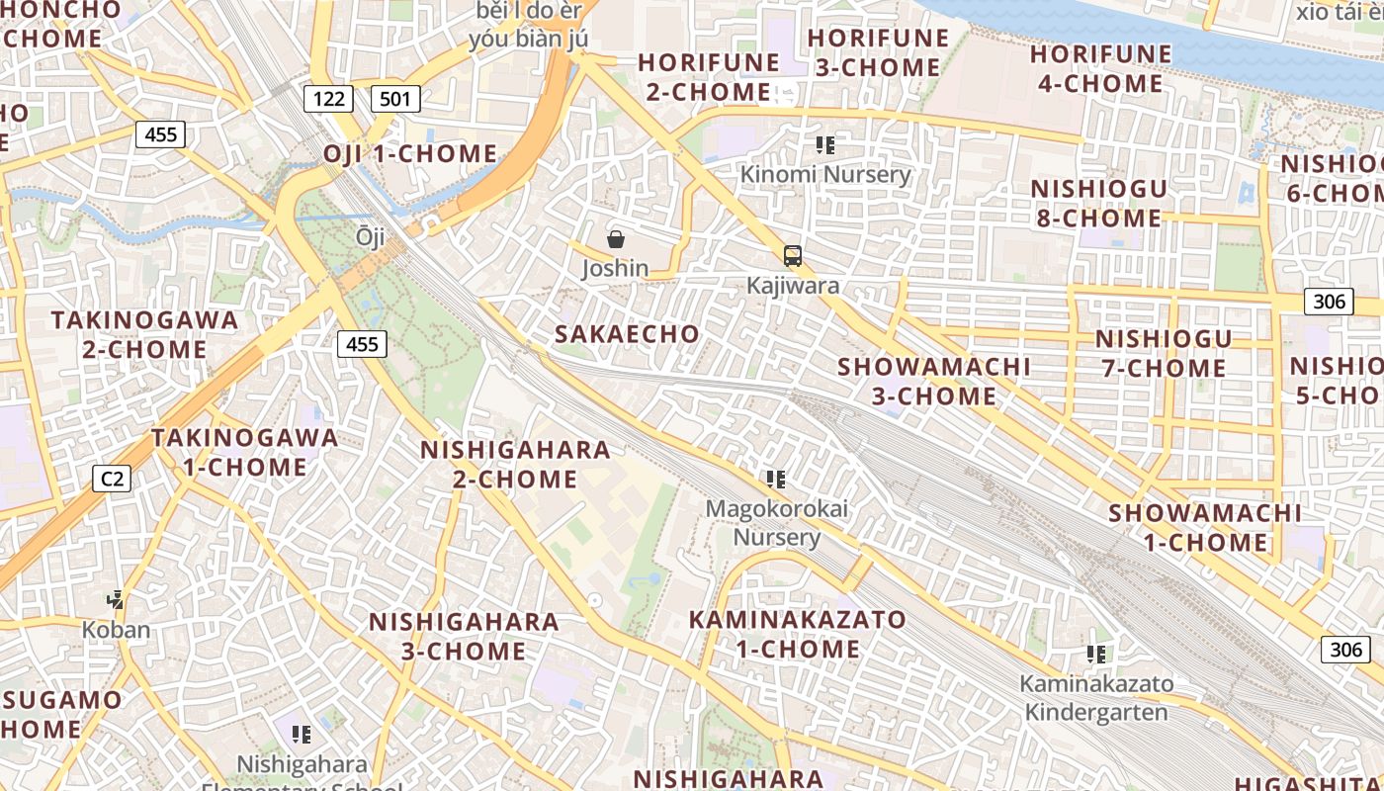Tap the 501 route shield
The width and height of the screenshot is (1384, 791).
pyautogui.click(x=395, y=98)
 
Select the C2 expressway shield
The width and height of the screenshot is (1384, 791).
pyautogui.click(x=112, y=480)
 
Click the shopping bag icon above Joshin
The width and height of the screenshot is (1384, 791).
pyautogui.click(x=616, y=238)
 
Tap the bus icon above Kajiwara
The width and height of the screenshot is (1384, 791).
pyautogui.click(x=792, y=256)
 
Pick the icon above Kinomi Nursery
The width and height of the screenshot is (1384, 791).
pyautogui.click(x=825, y=145)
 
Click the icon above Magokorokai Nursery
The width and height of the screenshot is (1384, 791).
pyautogui.click(x=776, y=480)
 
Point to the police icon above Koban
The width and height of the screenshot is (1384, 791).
pyautogui.click(x=117, y=599)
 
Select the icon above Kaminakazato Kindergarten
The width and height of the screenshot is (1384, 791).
pyautogui.click(x=1095, y=654)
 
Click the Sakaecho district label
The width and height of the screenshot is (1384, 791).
pyautogui.click(x=627, y=334)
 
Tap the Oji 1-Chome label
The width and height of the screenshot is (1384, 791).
pyautogui.click(x=410, y=154)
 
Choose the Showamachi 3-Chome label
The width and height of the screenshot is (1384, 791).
pyautogui.click(x=934, y=381)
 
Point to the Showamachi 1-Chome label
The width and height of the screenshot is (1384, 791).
pyautogui.click(x=1205, y=527)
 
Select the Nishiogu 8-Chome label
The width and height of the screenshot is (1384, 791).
pyautogui.click(x=1099, y=203)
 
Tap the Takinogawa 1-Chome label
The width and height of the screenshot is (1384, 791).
pyautogui.click(x=244, y=452)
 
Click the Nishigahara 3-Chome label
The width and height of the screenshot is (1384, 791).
pyautogui.click(x=464, y=636)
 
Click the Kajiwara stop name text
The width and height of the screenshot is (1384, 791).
pyautogui.click(x=793, y=286)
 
